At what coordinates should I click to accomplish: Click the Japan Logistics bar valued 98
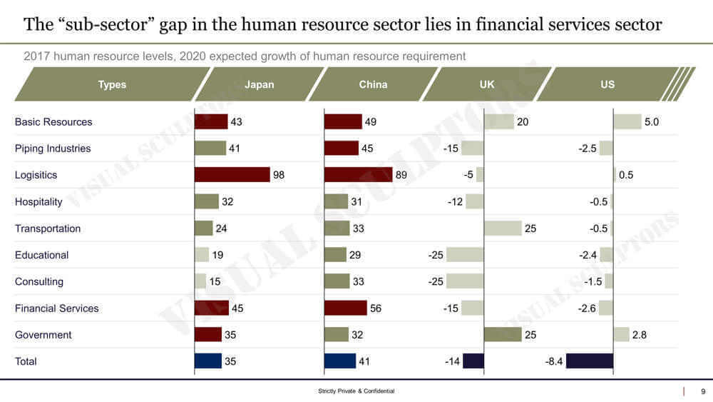click(x=232, y=175)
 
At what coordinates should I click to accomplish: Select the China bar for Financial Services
click(x=346, y=308)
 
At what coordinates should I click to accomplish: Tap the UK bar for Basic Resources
click(x=498, y=122)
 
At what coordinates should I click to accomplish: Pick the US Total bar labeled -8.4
click(x=590, y=361)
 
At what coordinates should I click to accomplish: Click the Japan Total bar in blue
click(x=208, y=361)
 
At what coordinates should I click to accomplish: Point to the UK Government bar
click(x=502, y=335)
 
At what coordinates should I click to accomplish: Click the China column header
click(x=373, y=84)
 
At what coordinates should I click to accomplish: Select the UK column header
click(x=487, y=84)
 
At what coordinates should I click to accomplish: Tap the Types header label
click(x=112, y=84)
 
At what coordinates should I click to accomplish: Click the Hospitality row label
click(x=39, y=202)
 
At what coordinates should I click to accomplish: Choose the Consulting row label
click(x=39, y=281)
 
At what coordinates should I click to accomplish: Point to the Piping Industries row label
click(x=53, y=149)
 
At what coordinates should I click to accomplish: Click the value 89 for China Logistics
click(x=402, y=175)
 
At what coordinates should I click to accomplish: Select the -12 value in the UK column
click(x=455, y=202)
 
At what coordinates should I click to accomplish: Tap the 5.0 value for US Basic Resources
click(x=652, y=122)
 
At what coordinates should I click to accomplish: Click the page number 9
click(x=703, y=391)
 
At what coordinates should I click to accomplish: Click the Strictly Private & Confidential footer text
click(x=356, y=391)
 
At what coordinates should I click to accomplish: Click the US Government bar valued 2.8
click(x=621, y=335)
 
